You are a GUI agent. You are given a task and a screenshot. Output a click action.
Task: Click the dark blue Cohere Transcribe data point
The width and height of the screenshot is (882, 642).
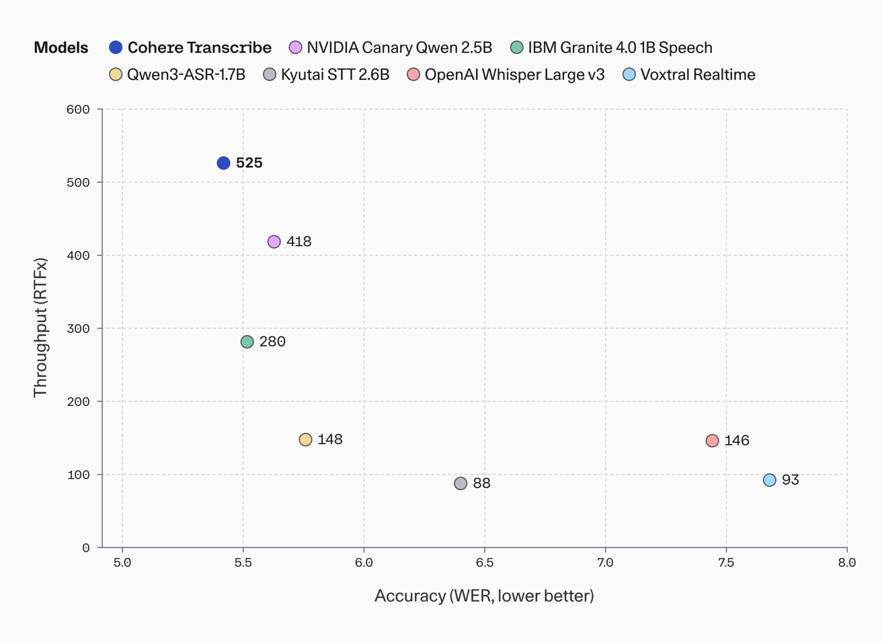(x=224, y=163)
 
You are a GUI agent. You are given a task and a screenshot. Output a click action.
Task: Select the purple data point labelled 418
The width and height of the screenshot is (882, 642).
(x=274, y=242)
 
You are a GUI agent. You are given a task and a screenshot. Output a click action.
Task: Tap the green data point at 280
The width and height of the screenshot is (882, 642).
(x=247, y=342)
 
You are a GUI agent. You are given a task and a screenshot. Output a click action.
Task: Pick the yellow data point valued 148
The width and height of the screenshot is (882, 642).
(x=306, y=440)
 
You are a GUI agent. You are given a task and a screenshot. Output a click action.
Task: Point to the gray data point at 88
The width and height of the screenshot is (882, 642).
(x=461, y=483)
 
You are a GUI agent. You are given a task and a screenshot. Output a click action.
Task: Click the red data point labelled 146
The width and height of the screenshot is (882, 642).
(x=712, y=441)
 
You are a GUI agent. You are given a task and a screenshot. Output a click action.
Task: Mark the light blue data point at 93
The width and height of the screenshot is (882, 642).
(x=770, y=480)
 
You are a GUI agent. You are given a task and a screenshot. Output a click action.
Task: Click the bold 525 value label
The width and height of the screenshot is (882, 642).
(x=249, y=163)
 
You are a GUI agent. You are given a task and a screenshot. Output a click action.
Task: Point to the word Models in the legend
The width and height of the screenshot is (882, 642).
(x=61, y=48)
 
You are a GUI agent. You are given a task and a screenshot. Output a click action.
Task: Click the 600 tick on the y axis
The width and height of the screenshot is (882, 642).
(x=78, y=110)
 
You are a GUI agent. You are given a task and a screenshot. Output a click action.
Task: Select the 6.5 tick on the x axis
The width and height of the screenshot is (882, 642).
(x=484, y=563)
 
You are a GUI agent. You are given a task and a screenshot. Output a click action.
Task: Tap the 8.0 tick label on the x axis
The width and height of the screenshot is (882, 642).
(x=846, y=563)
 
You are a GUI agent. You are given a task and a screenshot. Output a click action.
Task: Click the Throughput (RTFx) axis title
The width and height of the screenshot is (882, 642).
(x=40, y=328)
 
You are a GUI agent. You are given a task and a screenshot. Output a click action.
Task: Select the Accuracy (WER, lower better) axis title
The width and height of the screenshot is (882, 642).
(x=484, y=596)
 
